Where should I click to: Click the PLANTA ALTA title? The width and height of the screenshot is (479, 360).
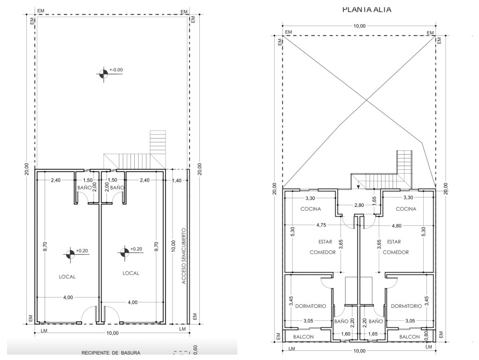click(367, 9)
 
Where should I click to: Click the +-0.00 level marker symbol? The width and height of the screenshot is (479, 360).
click(104, 74)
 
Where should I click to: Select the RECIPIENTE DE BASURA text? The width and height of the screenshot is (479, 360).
click(111, 353)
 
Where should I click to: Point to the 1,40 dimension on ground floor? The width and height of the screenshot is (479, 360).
click(177, 181)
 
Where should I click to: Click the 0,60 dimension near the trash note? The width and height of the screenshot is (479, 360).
click(195, 349)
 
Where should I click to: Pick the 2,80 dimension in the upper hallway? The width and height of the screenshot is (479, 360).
click(359, 205)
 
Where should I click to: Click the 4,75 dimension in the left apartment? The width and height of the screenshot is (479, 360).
click(321, 225)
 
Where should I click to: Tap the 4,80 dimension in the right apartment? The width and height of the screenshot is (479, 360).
click(396, 226)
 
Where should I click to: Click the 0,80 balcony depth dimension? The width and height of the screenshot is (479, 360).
click(426, 336)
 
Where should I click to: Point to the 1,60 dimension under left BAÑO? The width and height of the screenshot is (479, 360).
click(345, 334)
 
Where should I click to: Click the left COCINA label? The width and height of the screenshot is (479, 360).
click(311, 209)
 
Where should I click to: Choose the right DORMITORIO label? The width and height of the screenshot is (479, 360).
click(407, 306)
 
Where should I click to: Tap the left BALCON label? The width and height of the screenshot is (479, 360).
click(303, 337)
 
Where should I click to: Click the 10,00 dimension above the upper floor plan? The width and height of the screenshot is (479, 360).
click(359, 26)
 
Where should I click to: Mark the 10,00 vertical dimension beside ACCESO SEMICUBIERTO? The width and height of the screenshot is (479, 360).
click(173, 246)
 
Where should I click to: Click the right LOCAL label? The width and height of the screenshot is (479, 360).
click(130, 273)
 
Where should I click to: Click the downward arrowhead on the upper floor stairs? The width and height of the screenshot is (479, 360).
click(358, 186)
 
